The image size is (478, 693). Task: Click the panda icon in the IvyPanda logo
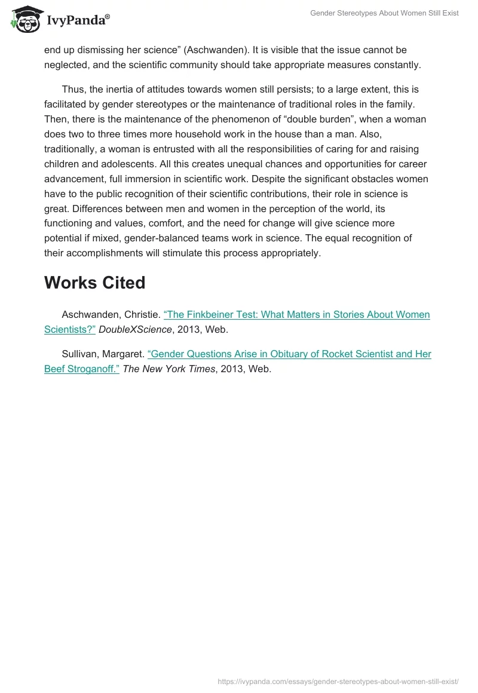click(x=25, y=19)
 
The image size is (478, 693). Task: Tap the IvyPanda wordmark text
click(x=78, y=20)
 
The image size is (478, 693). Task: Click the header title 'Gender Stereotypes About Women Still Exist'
click(x=384, y=13)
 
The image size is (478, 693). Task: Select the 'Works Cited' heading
click(x=94, y=283)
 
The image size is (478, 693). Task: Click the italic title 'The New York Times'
click(x=168, y=369)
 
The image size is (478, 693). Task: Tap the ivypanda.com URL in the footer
click(x=338, y=681)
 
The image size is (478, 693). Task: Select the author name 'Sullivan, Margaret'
click(x=102, y=354)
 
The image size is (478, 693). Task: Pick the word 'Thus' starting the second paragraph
click(x=73, y=89)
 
